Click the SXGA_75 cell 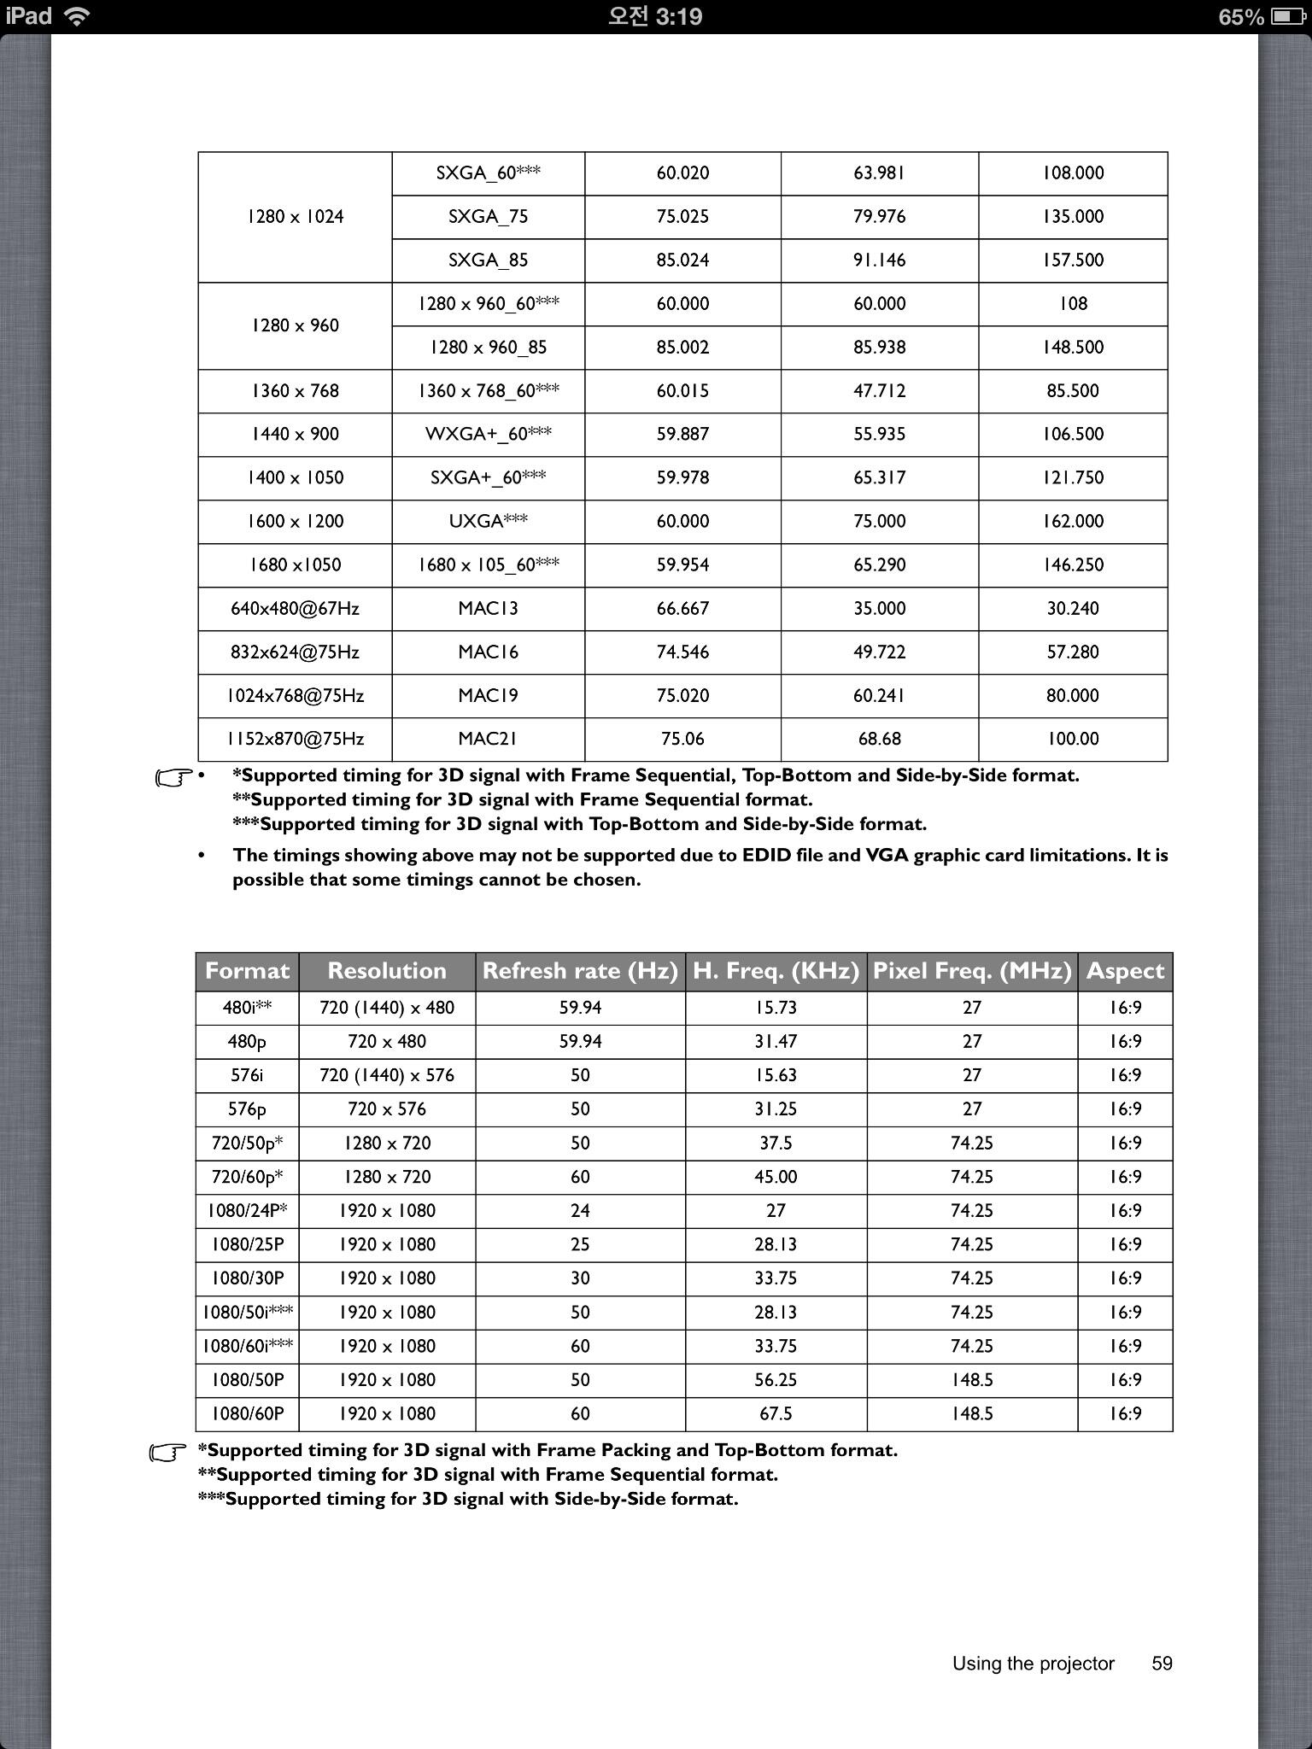488,217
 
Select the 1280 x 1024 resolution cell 295,217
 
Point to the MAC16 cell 488,652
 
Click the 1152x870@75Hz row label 295,739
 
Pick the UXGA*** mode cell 488,522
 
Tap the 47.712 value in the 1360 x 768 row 879,391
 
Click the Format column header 247,971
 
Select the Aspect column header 1125,971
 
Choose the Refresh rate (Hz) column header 580,971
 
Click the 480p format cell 247,1042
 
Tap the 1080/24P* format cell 247,1211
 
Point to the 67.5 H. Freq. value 776,1414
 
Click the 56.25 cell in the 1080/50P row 776,1380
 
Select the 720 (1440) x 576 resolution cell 387,1075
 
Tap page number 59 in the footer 1162,1664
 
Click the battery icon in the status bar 1286,16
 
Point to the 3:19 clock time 655,16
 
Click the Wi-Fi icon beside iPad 77,16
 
